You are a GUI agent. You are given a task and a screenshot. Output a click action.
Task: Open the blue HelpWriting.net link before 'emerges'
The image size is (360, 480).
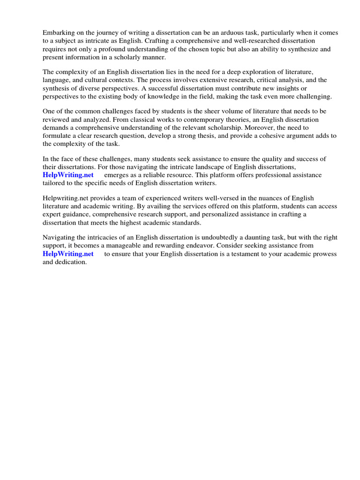pos(68,174)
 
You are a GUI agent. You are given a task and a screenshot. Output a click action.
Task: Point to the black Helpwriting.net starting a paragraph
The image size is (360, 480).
pos(66,198)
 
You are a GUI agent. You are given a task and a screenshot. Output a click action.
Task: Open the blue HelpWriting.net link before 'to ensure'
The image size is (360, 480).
pos(68,254)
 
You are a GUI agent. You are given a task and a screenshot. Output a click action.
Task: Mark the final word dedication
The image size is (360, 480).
pos(71,262)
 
